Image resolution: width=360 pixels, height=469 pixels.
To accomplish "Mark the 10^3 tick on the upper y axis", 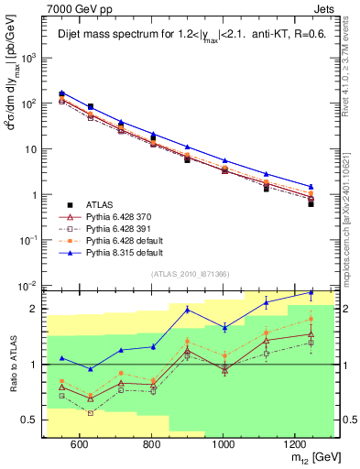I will pyautogui.click(x=31, y=57).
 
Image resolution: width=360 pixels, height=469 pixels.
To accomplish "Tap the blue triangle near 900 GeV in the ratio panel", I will pyautogui.click(x=188, y=310).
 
